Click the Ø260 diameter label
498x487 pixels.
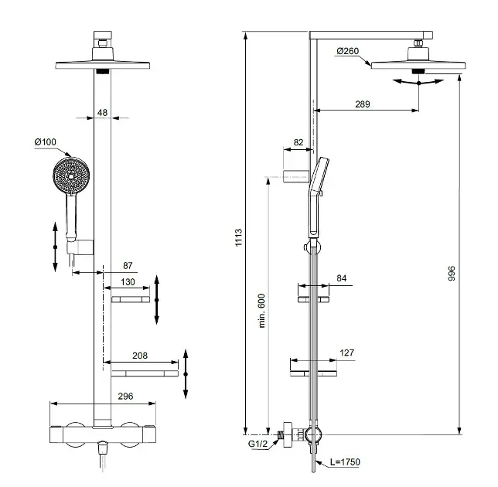347,51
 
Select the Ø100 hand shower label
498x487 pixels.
45,142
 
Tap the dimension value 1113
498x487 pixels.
238,237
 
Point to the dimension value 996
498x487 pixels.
452,274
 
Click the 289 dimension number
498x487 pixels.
363,104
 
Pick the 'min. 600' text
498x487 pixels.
261,311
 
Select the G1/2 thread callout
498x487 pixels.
258,444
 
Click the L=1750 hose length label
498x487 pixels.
345,462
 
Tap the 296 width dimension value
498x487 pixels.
125,397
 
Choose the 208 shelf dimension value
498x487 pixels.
140,356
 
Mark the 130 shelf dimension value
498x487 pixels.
128,282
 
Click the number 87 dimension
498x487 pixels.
128,265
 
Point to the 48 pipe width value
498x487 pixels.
102,112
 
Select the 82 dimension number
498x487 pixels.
298,142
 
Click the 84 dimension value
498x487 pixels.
342,278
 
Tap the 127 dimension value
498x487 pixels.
346,352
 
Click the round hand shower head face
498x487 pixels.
71,175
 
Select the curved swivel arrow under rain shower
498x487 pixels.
418,82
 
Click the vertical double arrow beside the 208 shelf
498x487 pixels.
186,374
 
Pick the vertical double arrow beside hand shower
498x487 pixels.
55,247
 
